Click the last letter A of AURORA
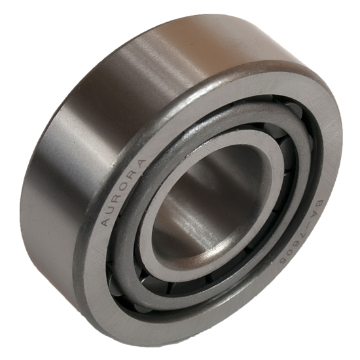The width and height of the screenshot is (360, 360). pyautogui.click(x=140, y=163)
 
